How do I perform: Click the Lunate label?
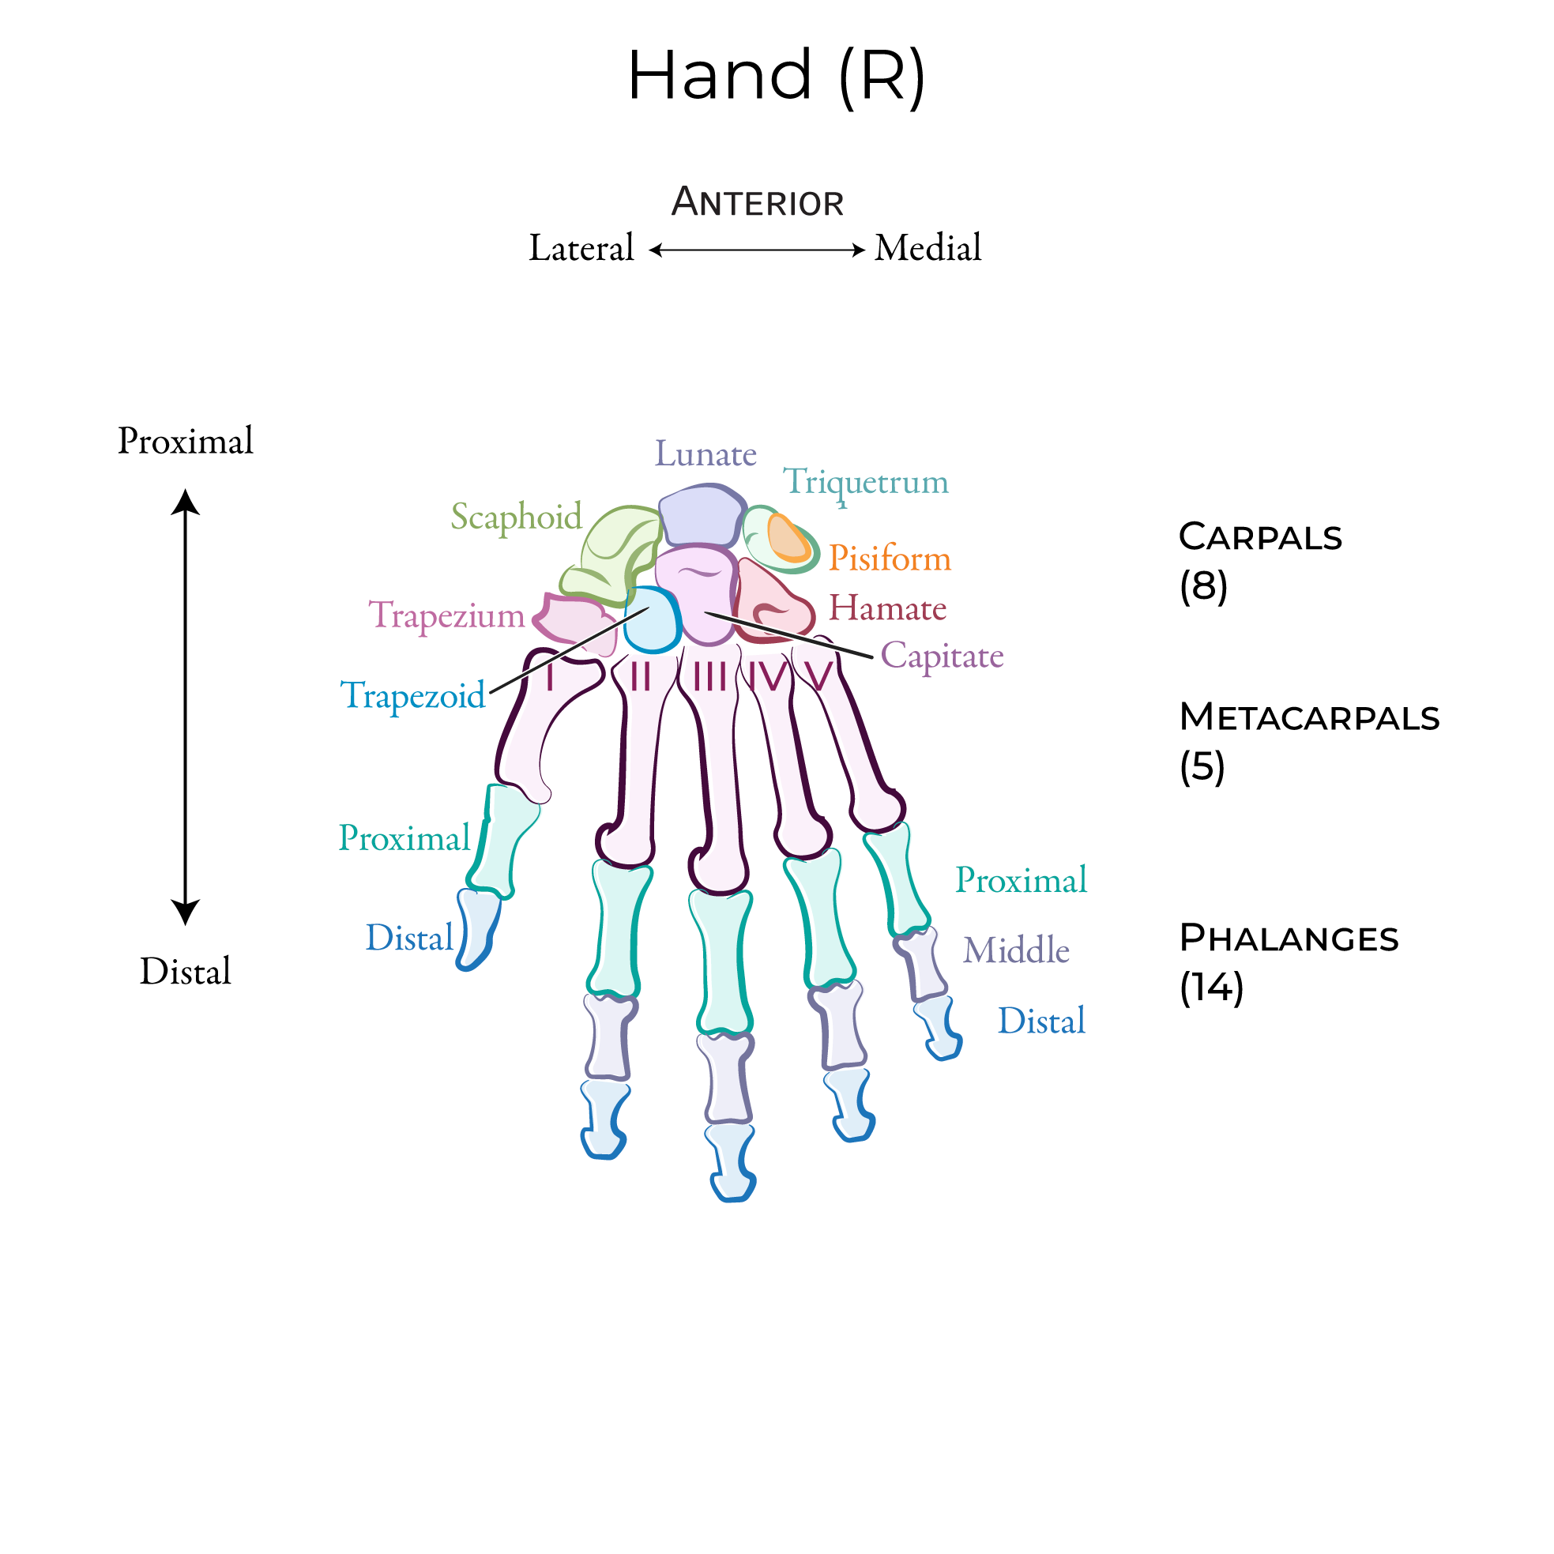point(706,454)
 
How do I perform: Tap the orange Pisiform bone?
point(788,539)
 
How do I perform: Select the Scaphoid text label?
point(516,517)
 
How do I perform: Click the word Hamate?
point(887,608)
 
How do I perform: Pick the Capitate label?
point(942,657)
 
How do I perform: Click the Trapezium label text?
point(446,615)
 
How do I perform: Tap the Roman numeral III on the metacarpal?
point(710,676)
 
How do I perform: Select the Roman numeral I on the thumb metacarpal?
point(549,677)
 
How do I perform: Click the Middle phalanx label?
point(1016,950)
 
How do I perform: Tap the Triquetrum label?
point(865,483)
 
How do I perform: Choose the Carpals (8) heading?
point(1259,561)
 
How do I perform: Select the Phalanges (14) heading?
point(1289,962)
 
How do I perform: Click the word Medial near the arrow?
point(928,249)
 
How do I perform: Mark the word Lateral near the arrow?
point(581,249)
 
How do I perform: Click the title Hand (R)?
point(776,76)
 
